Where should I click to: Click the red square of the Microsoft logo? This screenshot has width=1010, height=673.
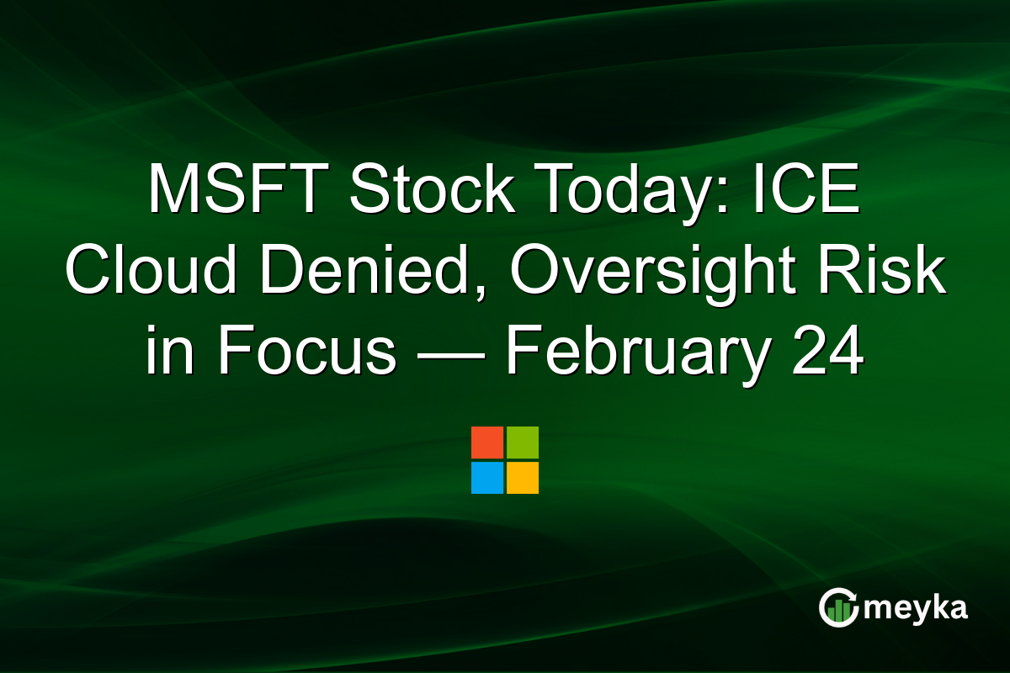pyautogui.click(x=487, y=442)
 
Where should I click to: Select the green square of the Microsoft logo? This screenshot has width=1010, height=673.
pyautogui.click(x=523, y=442)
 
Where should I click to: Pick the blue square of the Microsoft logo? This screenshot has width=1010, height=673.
pyautogui.click(x=487, y=478)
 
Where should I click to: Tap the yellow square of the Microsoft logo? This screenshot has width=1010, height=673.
pyautogui.click(x=523, y=478)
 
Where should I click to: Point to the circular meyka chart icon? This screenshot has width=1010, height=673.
pyautogui.click(x=838, y=607)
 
